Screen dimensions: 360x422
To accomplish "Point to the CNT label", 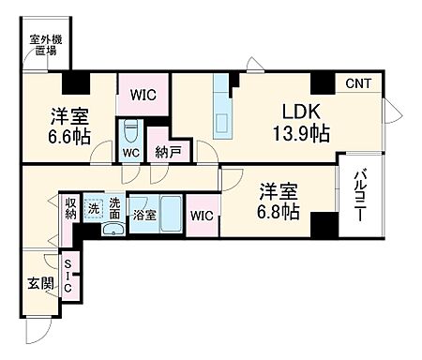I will pos(357,84).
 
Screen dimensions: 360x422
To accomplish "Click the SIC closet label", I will pos(69,274).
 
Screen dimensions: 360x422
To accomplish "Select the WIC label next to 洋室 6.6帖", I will pos(143,95).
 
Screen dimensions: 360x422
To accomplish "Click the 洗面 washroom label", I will pos(114,208).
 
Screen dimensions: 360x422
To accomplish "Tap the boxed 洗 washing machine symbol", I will pos(93,208).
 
